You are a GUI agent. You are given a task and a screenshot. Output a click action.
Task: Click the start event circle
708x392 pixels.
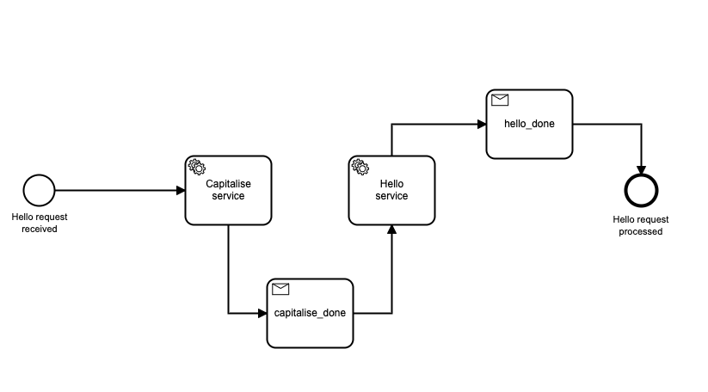[39, 190]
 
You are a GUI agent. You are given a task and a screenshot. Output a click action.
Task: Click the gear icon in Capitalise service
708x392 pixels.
[196, 167]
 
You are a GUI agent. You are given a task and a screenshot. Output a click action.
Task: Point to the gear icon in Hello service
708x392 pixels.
[360, 167]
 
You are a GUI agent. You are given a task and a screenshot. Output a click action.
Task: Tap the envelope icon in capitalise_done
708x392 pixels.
[280, 289]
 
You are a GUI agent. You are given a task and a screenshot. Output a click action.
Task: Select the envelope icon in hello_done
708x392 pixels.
[499, 100]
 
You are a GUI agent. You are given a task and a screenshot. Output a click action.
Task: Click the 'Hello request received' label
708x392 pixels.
[39, 224]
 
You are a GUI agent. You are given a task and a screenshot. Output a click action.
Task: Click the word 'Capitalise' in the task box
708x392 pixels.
[228, 183]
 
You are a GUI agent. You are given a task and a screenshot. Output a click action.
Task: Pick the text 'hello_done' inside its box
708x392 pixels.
[529, 124]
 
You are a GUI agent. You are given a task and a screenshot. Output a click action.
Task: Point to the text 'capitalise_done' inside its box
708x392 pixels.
[310, 313]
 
